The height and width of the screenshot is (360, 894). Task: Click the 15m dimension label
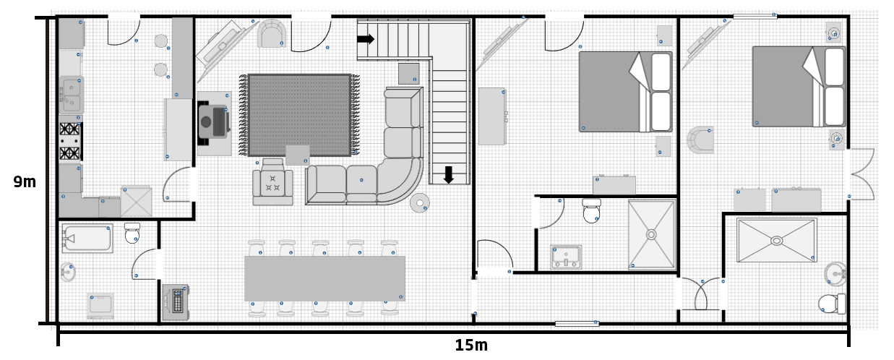click(x=470, y=346)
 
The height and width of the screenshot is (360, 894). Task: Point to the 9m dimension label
click(x=25, y=182)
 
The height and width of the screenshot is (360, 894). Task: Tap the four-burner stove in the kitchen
click(x=70, y=141)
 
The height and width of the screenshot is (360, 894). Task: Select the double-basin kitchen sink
click(x=70, y=94)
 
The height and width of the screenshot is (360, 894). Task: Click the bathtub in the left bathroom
click(x=87, y=238)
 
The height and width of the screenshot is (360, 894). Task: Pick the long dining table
click(x=324, y=278)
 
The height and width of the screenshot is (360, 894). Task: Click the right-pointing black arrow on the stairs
click(x=366, y=39)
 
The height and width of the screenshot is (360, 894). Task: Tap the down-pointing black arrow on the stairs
click(x=448, y=174)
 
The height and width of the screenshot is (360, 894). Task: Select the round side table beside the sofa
click(x=420, y=203)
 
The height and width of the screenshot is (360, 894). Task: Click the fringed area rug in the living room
click(x=299, y=114)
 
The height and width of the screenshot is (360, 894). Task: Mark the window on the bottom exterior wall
click(x=577, y=324)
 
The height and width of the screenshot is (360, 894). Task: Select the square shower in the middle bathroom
click(x=651, y=234)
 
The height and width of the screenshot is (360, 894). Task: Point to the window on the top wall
click(x=755, y=15)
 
